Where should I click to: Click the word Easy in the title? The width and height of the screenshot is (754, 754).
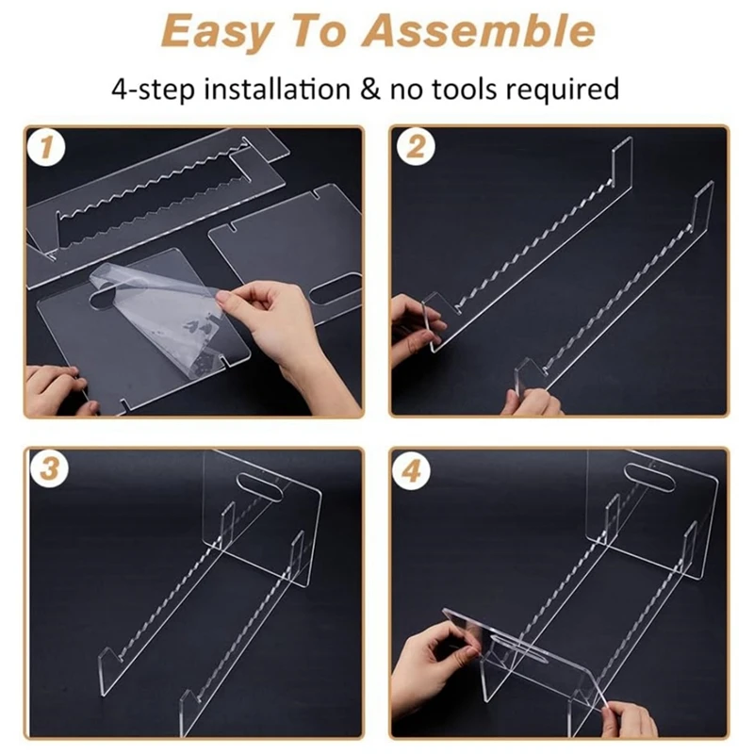click(216, 32)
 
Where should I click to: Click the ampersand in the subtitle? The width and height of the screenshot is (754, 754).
click(369, 90)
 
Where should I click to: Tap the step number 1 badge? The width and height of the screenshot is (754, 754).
click(46, 147)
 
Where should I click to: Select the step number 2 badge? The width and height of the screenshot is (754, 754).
click(416, 147)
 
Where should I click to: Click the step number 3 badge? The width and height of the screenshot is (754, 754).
click(49, 468)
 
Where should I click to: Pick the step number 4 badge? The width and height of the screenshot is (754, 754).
click(411, 471)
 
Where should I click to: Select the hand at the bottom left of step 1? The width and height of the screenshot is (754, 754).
click(57, 389)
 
